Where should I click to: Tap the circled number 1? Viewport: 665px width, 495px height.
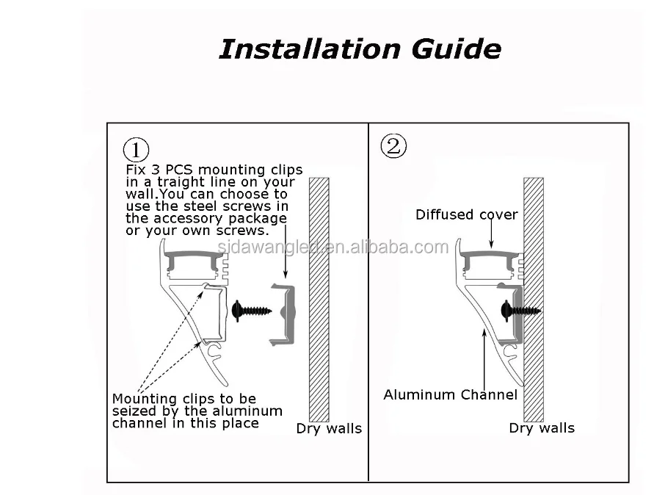click(136, 150)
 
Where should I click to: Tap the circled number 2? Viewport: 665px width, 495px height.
click(393, 146)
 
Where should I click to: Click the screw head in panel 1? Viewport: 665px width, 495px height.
click(238, 311)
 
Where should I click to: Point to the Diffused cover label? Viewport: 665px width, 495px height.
click(466, 215)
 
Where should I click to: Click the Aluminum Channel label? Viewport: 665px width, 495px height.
click(450, 395)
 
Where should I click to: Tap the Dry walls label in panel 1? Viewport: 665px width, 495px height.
click(329, 429)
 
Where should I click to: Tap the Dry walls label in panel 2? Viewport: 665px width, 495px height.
click(542, 428)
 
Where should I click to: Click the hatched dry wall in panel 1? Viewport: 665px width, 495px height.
click(319, 294)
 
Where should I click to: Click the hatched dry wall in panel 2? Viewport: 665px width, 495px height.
click(533, 294)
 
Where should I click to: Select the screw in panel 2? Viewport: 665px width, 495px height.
click(517, 310)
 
